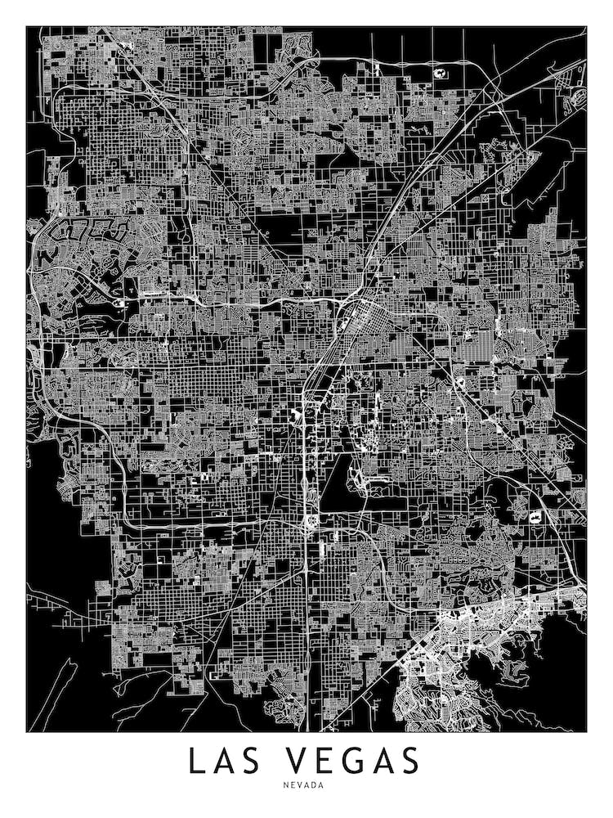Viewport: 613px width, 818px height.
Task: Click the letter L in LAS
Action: pos(197,761)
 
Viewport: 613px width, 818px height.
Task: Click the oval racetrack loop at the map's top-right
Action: pos(579,97)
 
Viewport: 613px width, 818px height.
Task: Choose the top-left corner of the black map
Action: pos(27,27)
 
